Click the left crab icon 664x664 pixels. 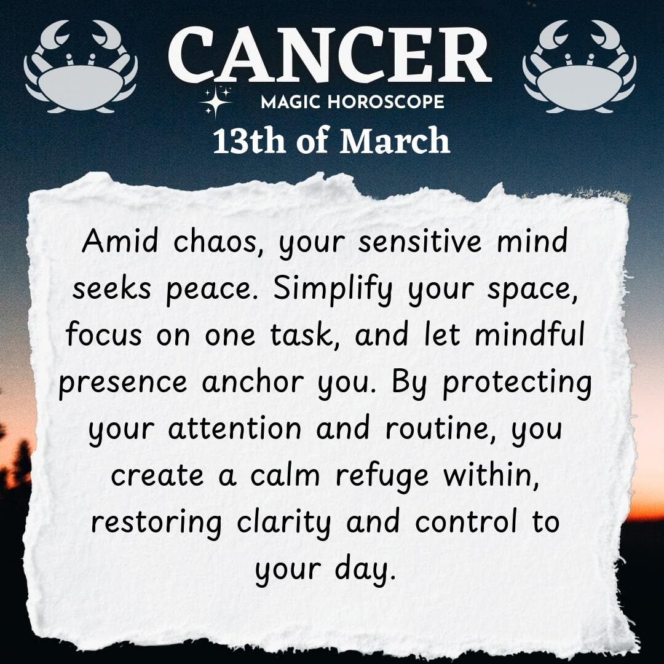[x=81, y=81]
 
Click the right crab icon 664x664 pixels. [x=579, y=81]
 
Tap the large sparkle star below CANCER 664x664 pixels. [x=215, y=101]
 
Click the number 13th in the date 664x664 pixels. [x=249, y=141]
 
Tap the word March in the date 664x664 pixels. [x=394, y=141]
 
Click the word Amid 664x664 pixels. [x=120, y=240]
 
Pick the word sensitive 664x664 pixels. [x=420, y=240]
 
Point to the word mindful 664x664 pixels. [x=529, y=334]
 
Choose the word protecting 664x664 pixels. [x=517, y=383]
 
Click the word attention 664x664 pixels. [x=235, y=428]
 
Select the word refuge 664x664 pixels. [x=382, y=476]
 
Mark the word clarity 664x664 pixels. [x=283, y=523]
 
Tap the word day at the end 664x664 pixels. [x=365, y=570]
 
